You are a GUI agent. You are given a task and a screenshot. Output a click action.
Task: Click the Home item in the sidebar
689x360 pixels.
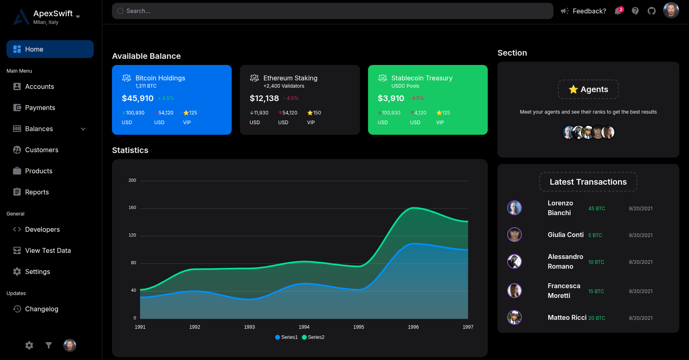tap(50, 49)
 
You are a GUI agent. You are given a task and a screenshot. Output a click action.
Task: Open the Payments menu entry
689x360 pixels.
tap(40, 108)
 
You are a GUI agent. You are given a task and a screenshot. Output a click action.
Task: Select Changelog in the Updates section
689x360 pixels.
tap(41, 309)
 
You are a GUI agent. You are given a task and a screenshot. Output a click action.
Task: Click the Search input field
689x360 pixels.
tap(332, 11)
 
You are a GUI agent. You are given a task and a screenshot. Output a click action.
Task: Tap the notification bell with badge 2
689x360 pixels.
tap(618, 11)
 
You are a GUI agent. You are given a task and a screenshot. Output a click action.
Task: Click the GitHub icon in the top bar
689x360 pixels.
tap(652, 11)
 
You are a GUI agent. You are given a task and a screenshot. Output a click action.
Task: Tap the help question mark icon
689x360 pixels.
tap(635, 11)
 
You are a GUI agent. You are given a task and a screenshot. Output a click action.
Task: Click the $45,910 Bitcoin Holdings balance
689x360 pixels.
tap(138, 98)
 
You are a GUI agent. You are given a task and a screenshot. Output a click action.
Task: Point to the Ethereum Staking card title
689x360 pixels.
tap(290, 78)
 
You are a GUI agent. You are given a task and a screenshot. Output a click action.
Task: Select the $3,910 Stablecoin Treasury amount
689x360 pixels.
tap(391, 98)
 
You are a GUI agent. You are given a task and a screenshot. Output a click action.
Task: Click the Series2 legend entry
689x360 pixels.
tap(313, 337)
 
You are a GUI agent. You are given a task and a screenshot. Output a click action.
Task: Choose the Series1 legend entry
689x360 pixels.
tap(286, 337)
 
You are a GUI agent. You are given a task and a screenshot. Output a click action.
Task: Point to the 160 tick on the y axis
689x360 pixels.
tap(132, 208)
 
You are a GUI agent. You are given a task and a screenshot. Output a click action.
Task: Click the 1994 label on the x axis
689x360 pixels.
tap(304, 327)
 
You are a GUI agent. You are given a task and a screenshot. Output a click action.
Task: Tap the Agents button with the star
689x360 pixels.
tap(588, 89)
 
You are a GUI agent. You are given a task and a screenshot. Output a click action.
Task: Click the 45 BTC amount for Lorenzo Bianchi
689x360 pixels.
tap(596, 209)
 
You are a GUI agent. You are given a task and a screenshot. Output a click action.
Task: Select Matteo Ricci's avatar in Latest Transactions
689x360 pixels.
tap(515, 317)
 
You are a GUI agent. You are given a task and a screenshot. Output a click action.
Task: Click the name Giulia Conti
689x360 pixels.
tap(566, 235)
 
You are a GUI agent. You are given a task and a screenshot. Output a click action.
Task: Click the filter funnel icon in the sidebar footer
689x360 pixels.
tap(49, 345)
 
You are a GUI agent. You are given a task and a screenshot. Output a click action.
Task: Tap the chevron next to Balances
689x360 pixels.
tap(83, 129)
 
